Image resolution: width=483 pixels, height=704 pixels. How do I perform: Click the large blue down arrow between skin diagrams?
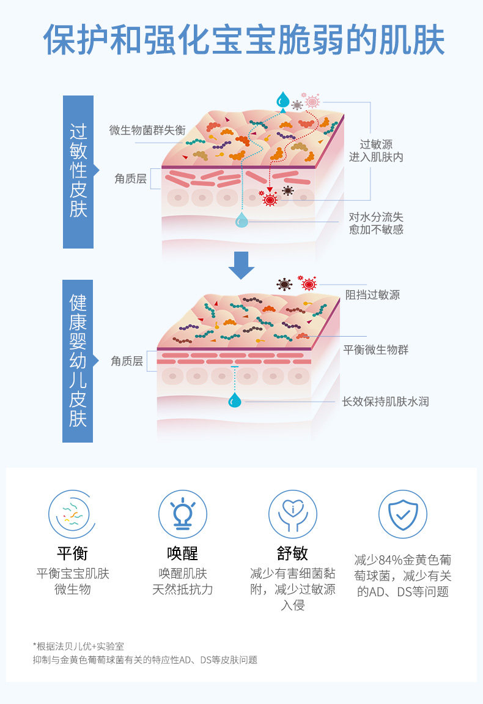click(x=242, y=264)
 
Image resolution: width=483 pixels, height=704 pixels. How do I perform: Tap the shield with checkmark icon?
click(x=402, y=514)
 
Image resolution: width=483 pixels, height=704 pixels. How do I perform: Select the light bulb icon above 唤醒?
click(x=182, y=514)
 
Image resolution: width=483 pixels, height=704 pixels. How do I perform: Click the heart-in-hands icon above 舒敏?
click(x=292, y=514)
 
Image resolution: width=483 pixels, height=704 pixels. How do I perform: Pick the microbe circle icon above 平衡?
click(x=72, y=514)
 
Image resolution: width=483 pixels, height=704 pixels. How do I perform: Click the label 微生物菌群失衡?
click(x=147, y=130)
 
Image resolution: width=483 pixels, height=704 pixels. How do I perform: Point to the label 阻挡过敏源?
click(x=372, y=294)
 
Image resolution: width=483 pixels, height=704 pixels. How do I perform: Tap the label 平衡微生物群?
click(x=375, y=350)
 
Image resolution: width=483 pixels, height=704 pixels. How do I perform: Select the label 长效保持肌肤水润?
click(x=385, y=402)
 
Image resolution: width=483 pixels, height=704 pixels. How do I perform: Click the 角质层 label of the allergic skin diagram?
click(x=130, y=179)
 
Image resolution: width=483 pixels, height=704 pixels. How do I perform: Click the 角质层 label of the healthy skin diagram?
click(x=127, y=361)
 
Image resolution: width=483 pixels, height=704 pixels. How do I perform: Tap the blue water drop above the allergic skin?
click(x=282, y=99)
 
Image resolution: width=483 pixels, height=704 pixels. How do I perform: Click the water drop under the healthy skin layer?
click(x=234, y=400)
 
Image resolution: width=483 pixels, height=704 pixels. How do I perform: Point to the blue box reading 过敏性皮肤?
click(x=78, y=171)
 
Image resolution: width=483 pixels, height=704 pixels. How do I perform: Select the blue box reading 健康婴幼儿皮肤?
click(x=78, y=361)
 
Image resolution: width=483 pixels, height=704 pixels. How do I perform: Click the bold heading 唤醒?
click(x=182, y=553)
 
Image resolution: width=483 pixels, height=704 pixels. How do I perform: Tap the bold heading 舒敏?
click(x=292, y=553)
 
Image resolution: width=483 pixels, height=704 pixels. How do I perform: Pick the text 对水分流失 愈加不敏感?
click(x=376, y=223)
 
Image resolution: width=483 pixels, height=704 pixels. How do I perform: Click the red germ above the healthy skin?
click(x=309, y=283)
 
